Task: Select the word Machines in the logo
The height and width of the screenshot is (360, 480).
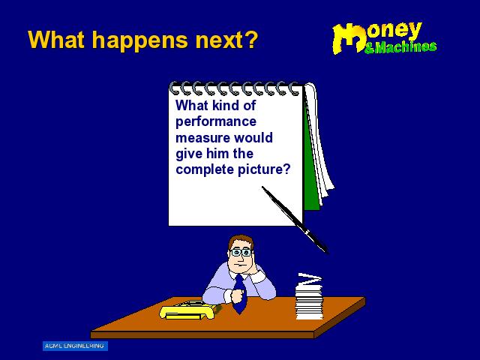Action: pos(405,46)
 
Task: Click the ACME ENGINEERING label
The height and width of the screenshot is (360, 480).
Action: pos(75,346)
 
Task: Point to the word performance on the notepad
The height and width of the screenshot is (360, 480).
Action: pos(216,122)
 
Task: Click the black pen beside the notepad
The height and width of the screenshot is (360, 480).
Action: pos(295,220)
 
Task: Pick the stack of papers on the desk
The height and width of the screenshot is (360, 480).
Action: pos(308,296)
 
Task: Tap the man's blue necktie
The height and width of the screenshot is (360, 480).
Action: pos(240,294)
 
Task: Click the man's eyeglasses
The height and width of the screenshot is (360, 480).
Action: pos(241,253)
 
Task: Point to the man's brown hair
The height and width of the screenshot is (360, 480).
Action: pos(240,240)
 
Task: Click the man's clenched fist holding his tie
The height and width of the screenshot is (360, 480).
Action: pos(237,295)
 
